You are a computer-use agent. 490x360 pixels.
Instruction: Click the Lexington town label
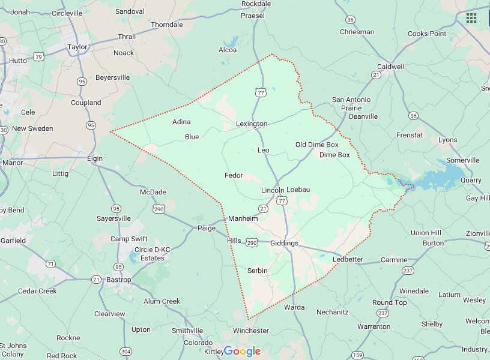pos(252,124)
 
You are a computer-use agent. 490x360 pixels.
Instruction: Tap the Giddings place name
pos(284,243)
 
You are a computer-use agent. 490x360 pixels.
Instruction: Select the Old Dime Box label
pos(317,145)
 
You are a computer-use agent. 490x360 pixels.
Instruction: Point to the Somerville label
pos(462,160)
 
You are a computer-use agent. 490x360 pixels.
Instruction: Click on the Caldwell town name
pos(390,67)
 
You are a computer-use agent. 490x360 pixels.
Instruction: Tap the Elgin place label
pos(94,158)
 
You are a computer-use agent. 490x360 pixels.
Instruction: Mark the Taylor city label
pos(77,47)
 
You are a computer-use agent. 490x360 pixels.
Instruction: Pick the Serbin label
pos(257,271)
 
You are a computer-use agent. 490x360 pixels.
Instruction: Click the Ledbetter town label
pos(348,259)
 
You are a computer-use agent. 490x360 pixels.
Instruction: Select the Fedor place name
pos(234,175)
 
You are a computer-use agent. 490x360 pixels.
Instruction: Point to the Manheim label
pos(243,219)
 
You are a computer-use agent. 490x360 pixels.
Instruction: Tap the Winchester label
pos(251,331)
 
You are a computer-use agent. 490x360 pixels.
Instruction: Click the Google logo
pos(243,351)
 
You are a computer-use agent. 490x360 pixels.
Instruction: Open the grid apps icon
pos(471,17)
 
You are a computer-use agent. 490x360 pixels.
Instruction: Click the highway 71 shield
pos(50,263)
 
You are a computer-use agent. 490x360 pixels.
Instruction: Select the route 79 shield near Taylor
pos(38,57)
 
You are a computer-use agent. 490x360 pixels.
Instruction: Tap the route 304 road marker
pos(126,351)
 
